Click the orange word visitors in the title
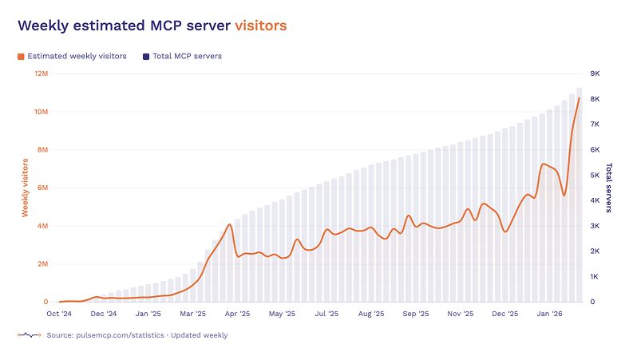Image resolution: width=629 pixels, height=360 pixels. pyautogui.click(x=260, y=26)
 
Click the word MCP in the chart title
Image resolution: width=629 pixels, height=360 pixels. pyautogui.click(x=166, y=26)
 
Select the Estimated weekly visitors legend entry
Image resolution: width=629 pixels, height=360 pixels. pyautogui.click(x=77, y=57)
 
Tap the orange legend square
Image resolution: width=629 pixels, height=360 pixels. pyautogui.click(x=21, y=57)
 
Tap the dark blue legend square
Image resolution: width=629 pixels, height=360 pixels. pyautogui.click(x=145, y=57)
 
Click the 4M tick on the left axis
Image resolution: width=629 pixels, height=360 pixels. pyautogui.click(x=42, y=226)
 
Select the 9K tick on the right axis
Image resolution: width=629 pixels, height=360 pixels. pyautogui.click(x=595, y=73)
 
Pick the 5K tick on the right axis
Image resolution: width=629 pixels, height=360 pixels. pyautogui.click(x=595, y=175)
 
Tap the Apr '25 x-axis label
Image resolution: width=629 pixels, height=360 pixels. pyautogui.click(x=238, y=315)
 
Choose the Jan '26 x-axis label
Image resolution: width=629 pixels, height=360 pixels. pyautogui.click(x=548, y=315)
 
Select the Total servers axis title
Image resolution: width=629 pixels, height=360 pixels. pyautogui.click(x=609, y=188)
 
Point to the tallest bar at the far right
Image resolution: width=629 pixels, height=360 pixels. pyautogui.click(x=580, y=195)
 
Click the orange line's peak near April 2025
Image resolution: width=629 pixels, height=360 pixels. pyautogui.click(x=230, y=224)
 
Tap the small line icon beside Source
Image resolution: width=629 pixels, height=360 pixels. pyautogui.click(x=29, y=335)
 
